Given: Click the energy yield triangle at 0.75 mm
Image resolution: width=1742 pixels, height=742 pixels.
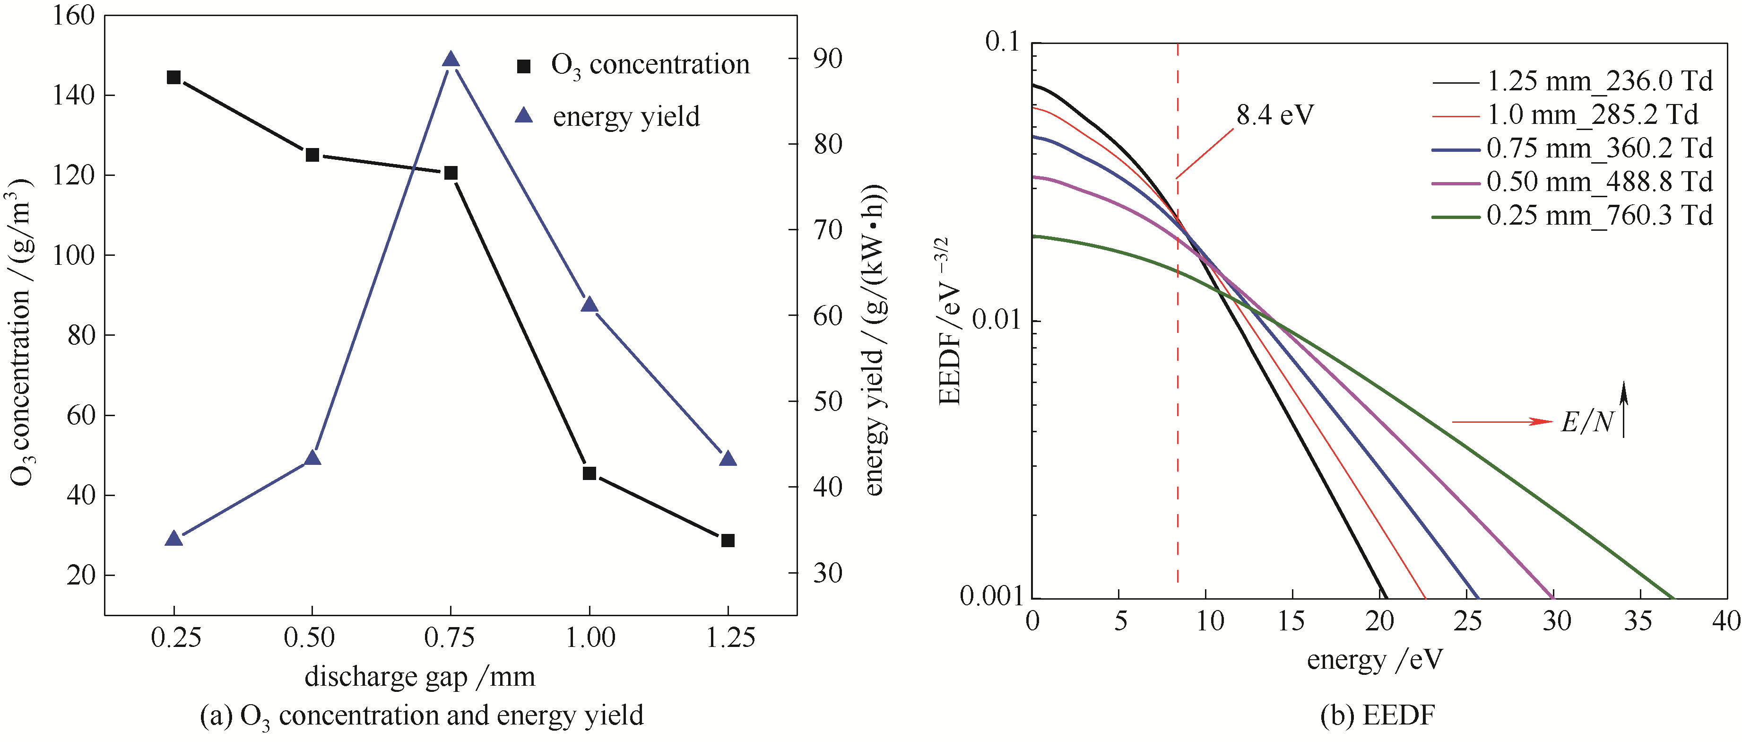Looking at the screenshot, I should (x=451, y=60).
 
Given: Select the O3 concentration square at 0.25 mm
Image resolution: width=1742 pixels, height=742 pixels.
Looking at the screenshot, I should (x=174, y=77).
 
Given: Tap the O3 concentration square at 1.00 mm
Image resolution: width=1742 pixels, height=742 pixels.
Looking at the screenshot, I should (x=589, y=473).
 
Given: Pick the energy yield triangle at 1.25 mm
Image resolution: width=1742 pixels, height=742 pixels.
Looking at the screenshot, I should (x=728, y=459).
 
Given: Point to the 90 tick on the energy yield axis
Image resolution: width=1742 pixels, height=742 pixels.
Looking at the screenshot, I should (x=828, y=59).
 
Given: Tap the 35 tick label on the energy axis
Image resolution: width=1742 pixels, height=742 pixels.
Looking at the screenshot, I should (x=1638, y=620).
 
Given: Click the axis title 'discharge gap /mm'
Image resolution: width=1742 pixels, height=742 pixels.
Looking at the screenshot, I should (x=419, y=676).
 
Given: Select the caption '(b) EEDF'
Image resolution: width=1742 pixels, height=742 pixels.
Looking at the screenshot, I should (x=1377, y=716).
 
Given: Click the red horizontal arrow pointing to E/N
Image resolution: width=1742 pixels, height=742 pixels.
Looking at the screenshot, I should (x=1501, y=422).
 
